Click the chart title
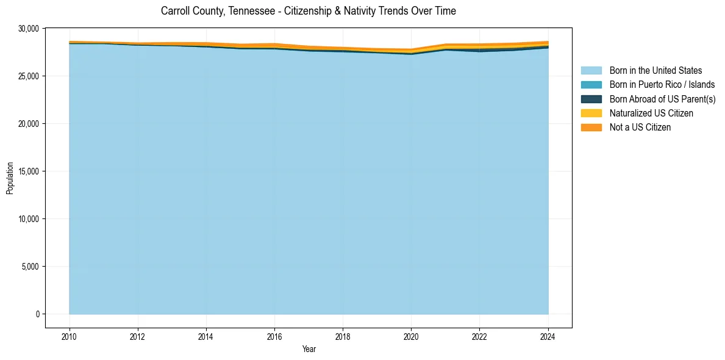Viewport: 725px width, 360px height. pos(308,11)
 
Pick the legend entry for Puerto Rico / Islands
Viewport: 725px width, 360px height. pos(662,85)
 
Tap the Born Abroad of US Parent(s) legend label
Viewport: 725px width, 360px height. pos(662,99)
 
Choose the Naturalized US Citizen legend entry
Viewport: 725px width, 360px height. pos(651,113)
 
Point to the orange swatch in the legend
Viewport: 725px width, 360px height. pos(591,128)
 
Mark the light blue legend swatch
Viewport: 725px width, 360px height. pos(591,71)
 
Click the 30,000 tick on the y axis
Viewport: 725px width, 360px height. pos(29,29)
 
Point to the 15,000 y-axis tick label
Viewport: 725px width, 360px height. pos(29,171)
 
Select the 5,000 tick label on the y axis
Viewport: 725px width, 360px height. pos(30,267)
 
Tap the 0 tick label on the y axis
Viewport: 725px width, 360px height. pos(37,314)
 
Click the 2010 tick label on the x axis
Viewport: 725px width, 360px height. pos(70,335)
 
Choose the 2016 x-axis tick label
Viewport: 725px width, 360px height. pos(274,335)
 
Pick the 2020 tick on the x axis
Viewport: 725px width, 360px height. pos(411,335)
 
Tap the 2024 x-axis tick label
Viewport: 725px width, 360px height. pos(548,335)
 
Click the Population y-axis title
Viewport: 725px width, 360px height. pos(10,178)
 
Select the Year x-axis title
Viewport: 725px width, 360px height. pos(309,349)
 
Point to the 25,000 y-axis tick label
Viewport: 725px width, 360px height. pos(29,76)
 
